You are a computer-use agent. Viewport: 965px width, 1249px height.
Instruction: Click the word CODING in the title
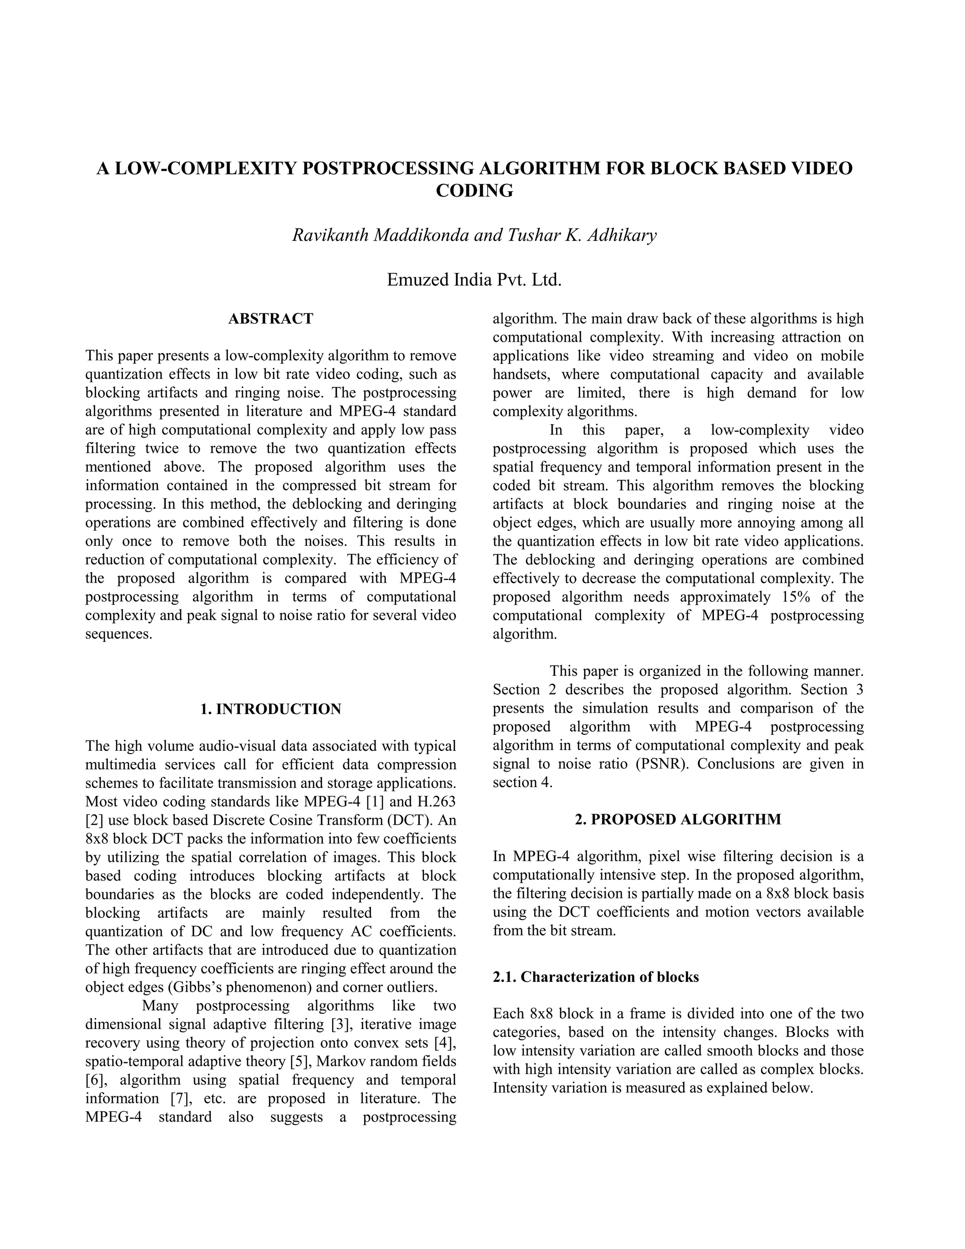coord(474,190)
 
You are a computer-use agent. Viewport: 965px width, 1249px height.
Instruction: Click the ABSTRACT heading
coord(270,319)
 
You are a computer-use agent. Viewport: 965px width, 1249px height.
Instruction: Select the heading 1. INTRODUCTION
coord(270,709)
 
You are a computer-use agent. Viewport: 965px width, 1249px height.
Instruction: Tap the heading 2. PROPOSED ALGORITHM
coord(678,820)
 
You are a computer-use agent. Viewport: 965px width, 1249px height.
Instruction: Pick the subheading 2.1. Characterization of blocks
coord(596,977)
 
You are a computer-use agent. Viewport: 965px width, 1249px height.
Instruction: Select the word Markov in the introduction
coord(340,1061)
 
